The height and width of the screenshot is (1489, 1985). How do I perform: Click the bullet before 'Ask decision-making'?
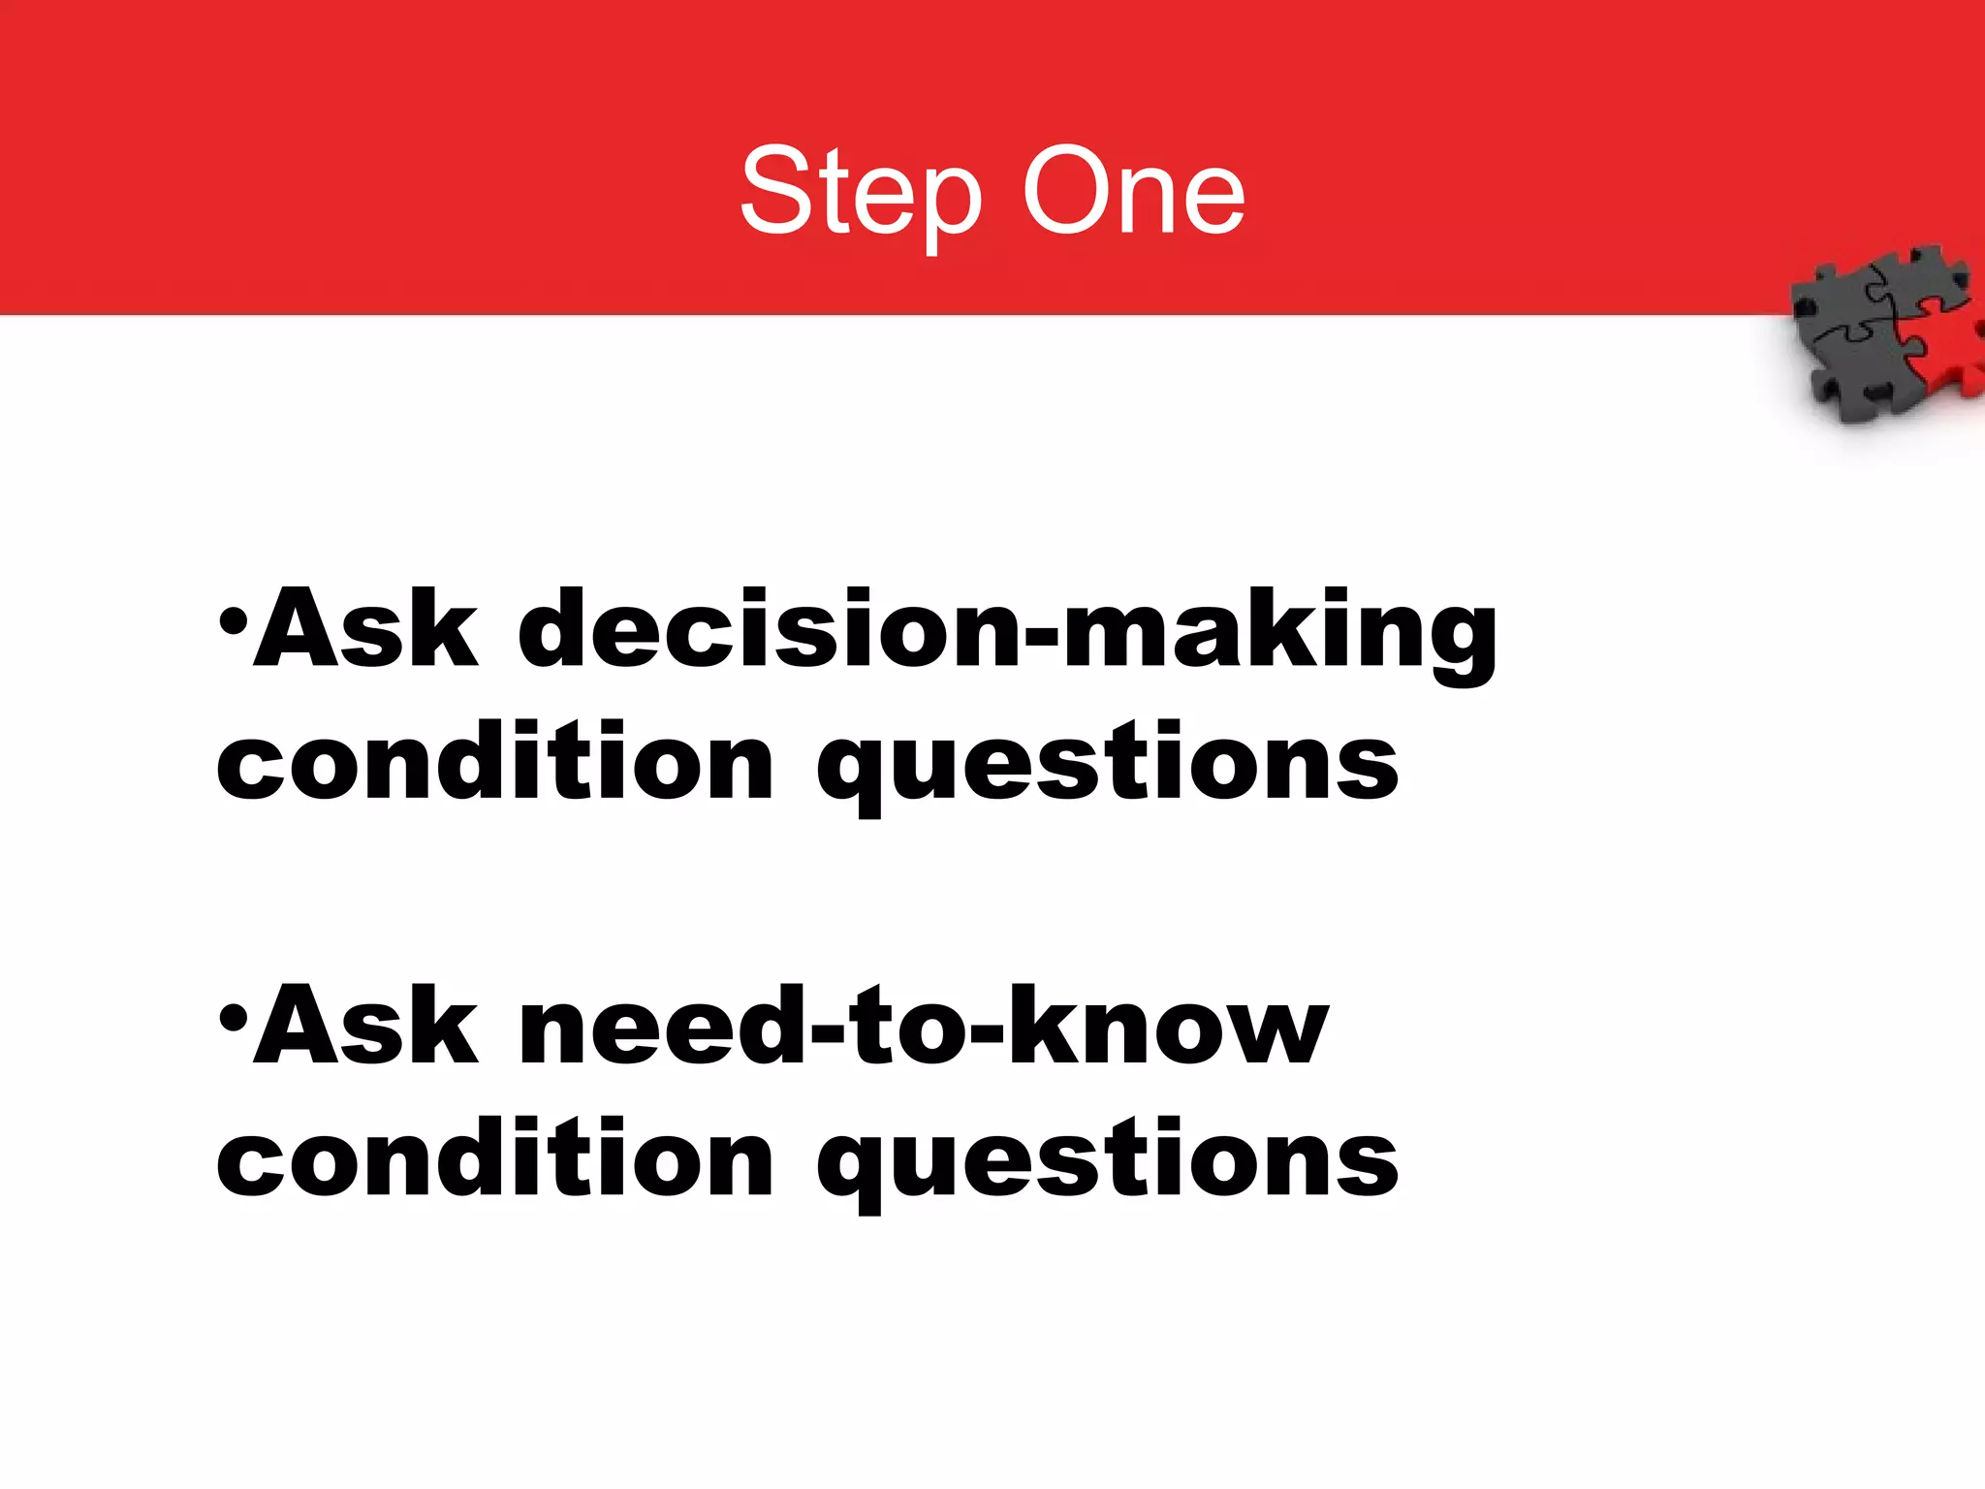[233, 620]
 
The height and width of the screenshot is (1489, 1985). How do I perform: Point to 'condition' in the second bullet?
[494, 1159]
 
